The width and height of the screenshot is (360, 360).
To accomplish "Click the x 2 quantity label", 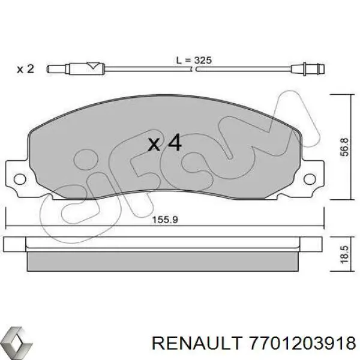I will click(x=25, y=68).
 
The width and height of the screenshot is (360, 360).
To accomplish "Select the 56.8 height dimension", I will click(x=343, y=146).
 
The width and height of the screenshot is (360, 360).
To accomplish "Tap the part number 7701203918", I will click(x=305, y=342).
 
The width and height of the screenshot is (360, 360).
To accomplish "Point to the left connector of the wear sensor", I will click(x=60, y=68).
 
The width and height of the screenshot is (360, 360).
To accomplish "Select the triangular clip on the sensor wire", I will click(x=94, y=67).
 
